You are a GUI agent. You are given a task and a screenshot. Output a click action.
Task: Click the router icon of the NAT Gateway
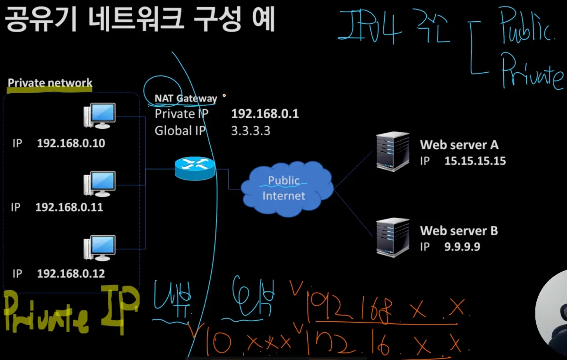tap(195, 168)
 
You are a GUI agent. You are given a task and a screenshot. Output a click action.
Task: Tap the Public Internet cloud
tap(285, 188)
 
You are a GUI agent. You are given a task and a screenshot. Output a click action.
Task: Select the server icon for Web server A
tap(393, 151)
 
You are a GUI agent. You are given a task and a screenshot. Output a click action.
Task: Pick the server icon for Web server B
tap(393, 237)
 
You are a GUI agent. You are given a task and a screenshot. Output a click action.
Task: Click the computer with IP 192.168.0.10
tap(99, 116)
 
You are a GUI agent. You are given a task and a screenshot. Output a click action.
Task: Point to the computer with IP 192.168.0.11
tap(99, 183)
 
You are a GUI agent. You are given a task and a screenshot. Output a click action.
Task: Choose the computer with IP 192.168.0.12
tap(99, 249)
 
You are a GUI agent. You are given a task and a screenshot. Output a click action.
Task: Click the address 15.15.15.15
tap(475, 161)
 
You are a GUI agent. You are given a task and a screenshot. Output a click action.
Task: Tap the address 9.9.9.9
tap(462, 247)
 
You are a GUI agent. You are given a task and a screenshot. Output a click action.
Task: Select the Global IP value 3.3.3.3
tap(250, 131)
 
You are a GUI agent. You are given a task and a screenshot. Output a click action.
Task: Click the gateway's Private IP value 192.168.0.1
tap(265, 114)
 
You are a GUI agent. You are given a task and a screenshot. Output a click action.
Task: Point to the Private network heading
tap(50, 83)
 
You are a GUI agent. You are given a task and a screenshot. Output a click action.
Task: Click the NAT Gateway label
tap(186, 98)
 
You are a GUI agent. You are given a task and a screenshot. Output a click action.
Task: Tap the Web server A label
tap(459, 145)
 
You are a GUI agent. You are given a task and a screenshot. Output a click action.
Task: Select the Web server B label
tap(459, 231)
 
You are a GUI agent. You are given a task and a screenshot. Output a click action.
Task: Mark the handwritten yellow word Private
tap(45, 312)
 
